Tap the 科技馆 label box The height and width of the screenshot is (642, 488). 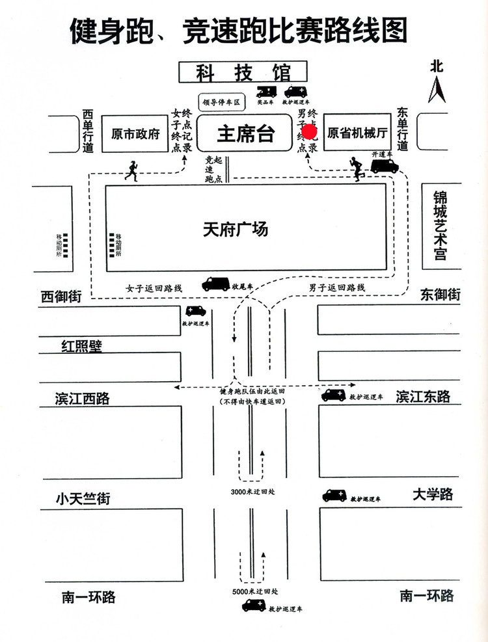243,72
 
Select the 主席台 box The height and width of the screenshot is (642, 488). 245,134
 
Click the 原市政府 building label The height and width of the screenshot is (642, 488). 135,134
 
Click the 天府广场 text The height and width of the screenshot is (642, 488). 235,230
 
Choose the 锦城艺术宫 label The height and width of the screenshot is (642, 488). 441,226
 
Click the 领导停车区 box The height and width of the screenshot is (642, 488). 221,102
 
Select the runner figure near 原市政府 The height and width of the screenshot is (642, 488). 132,170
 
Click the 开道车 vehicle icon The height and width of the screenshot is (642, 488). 385,165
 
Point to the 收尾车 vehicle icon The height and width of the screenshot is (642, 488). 215,284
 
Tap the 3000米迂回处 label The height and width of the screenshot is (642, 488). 253,491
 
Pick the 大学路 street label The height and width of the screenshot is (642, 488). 432,494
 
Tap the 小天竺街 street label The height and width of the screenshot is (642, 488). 83,499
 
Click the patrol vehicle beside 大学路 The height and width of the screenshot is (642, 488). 335,496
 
